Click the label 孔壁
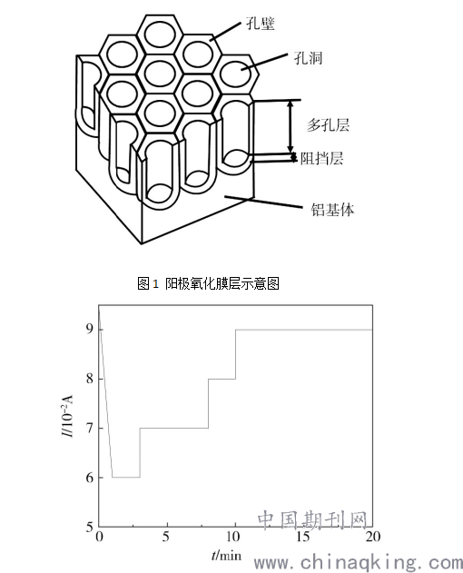261,25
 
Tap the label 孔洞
308,58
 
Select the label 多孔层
328,125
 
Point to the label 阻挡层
321,159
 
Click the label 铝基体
332,210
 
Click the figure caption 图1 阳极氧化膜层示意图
208,283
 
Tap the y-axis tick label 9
90,330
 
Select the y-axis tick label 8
90,379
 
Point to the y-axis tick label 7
90,428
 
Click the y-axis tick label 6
90,478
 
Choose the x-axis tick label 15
303,537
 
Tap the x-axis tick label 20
373,537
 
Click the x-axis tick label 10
232,537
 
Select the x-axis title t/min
227,556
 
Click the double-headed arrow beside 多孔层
291,126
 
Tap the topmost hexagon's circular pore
161,34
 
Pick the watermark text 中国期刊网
312,520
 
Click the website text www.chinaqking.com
359,563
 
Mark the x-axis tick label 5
166,537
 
